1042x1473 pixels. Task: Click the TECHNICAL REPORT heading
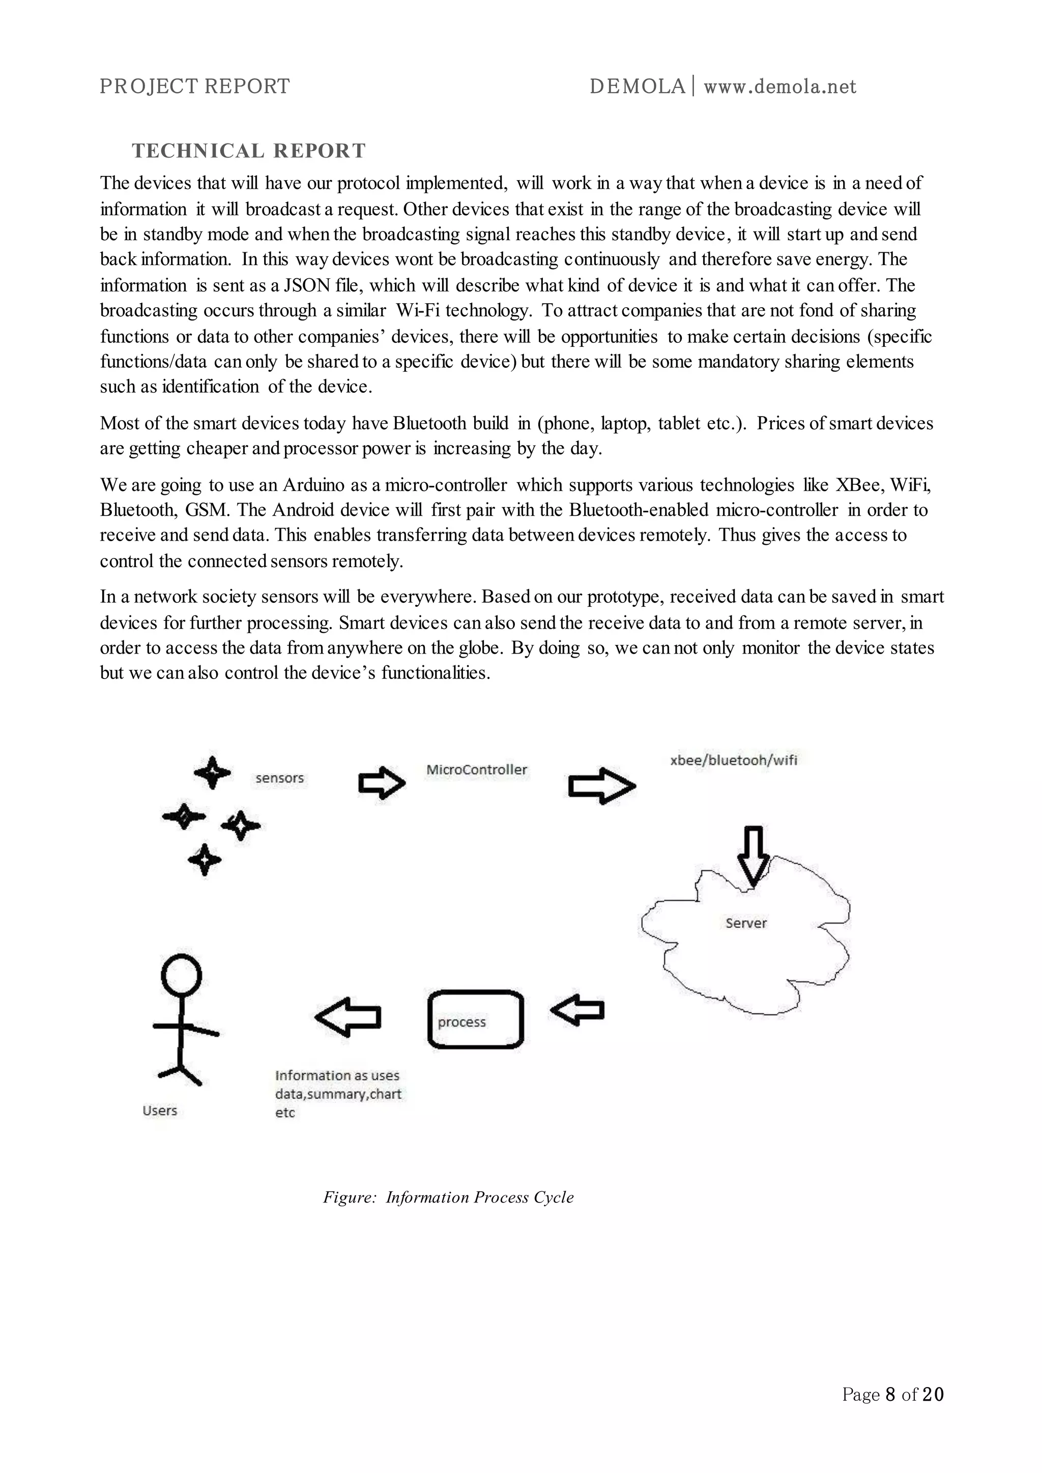click(x=249, y=151)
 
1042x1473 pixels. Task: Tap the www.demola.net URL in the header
click(x=779, y=86)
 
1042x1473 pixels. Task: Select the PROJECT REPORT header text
click(x=194, y=86)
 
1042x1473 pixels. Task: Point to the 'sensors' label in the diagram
click(x=280, y=778)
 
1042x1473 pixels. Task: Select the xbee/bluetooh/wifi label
click(x=733, y=760)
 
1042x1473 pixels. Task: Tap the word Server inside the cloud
click(x=745, y=923)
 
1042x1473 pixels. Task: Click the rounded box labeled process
click(x=475, y=1021)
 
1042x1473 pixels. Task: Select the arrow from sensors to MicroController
click(x=381, y=783)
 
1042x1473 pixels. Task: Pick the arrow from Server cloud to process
click(x=577, y=1011)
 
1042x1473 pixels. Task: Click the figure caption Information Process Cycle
click(x=448, y=1198)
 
